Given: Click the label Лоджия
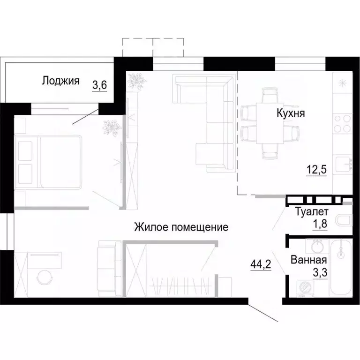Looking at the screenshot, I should (60, 80).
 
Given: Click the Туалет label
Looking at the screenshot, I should (312, 212).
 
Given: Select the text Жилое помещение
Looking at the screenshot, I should (181, 227).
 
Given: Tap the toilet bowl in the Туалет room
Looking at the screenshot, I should (345, 220).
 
